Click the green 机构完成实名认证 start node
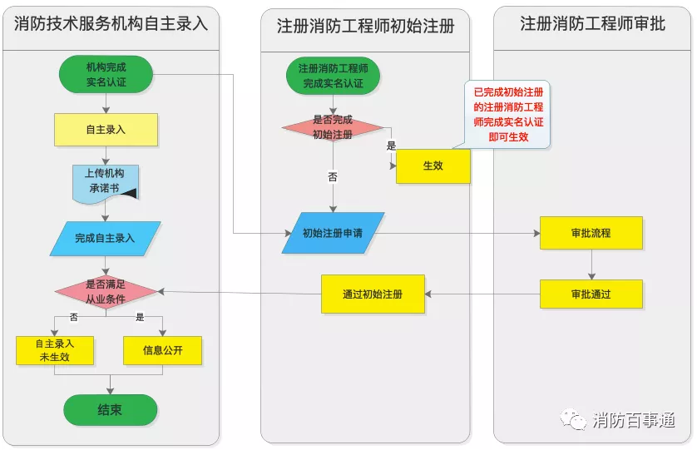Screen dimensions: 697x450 pos(106,74)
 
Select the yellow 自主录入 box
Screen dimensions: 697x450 pos(106,130)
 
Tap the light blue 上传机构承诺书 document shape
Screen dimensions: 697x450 pos(106,184)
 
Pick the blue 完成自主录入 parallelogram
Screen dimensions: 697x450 pos(106,239)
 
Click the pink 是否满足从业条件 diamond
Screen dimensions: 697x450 pos(106,292)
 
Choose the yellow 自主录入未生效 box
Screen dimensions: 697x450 pos(55,350)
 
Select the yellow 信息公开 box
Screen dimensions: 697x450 pos(163,350)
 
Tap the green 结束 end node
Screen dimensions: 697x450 pos(111,409)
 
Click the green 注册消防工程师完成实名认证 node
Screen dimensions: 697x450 pos(333,76)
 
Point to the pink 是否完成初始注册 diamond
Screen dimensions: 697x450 pos(333,127)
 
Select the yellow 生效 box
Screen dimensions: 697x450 pos(433,166)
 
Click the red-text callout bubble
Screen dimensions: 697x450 pos(508,114)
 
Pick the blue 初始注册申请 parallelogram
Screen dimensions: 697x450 pos(333,233)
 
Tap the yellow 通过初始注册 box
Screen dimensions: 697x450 pos(373,294)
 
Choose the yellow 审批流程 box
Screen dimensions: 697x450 pos(591,233)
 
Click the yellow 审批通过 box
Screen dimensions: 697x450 pos(591,294)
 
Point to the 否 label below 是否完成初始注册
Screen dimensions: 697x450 pos(333,177)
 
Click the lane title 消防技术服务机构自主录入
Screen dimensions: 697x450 pos(111,23)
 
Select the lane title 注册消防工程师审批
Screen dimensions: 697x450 pos(592,23)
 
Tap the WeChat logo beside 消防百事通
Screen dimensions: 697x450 pos(573,419)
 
